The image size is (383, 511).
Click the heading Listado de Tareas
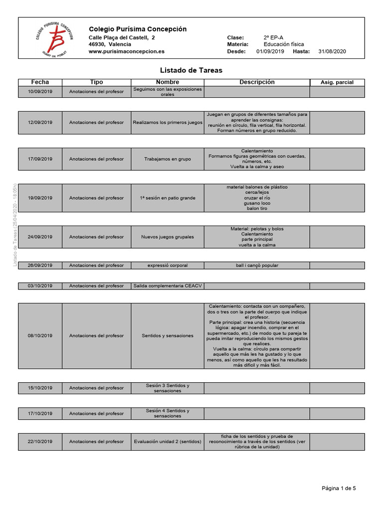[x=191, y=70]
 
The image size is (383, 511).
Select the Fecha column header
[x=40, y=82]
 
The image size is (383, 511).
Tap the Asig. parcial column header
[x=337, y=82]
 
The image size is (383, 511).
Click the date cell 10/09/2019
[x=40, y=92]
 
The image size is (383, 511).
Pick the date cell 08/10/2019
[x=40, y=336]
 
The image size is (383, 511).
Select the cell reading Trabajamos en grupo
[x=168, y=159]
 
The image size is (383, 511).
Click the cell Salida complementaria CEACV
[x=167, y=286]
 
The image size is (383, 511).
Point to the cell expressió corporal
[x=168, y=265]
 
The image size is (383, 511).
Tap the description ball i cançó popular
[x=257, y=265]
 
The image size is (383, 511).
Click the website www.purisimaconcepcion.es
[x=127, y=51]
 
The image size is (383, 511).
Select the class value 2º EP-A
[x=274, y=37]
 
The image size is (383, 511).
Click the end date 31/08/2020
[x=332, y=51]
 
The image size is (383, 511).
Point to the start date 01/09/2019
[x=270, y=51]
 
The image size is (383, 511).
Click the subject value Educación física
[x=284, y=44]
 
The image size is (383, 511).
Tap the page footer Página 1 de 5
[x=339, y=489]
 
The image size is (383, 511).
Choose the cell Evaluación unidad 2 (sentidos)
[x=168, y=442]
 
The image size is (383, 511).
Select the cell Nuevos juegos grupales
[x=168, y=237]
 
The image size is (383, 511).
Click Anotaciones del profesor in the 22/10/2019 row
[x=96, y=442]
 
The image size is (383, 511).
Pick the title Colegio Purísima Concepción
[x=138, y=29]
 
